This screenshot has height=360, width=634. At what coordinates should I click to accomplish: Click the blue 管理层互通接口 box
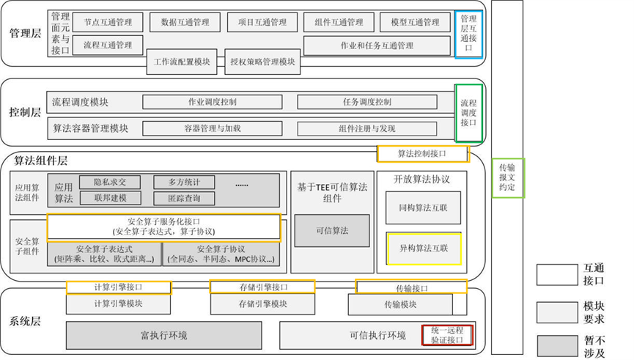coord(468,34)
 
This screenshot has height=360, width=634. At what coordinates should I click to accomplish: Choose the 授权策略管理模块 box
coord(262,62)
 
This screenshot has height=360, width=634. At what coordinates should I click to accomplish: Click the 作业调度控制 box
coord(213,102)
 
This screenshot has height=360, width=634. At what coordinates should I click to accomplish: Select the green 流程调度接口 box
coord(468,108)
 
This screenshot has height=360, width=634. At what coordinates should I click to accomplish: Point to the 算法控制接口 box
coord(421,153)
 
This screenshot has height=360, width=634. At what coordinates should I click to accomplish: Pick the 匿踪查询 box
coord(183,198)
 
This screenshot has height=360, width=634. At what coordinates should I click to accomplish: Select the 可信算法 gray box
coord(332,230)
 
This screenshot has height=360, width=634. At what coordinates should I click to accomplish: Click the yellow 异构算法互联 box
coord(424,248)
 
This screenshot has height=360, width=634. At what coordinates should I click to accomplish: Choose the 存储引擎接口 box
coord(262,287)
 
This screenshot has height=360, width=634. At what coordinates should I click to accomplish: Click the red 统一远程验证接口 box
coord(446,335)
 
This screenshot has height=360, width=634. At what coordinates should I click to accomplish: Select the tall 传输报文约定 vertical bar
coord(506,176)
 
